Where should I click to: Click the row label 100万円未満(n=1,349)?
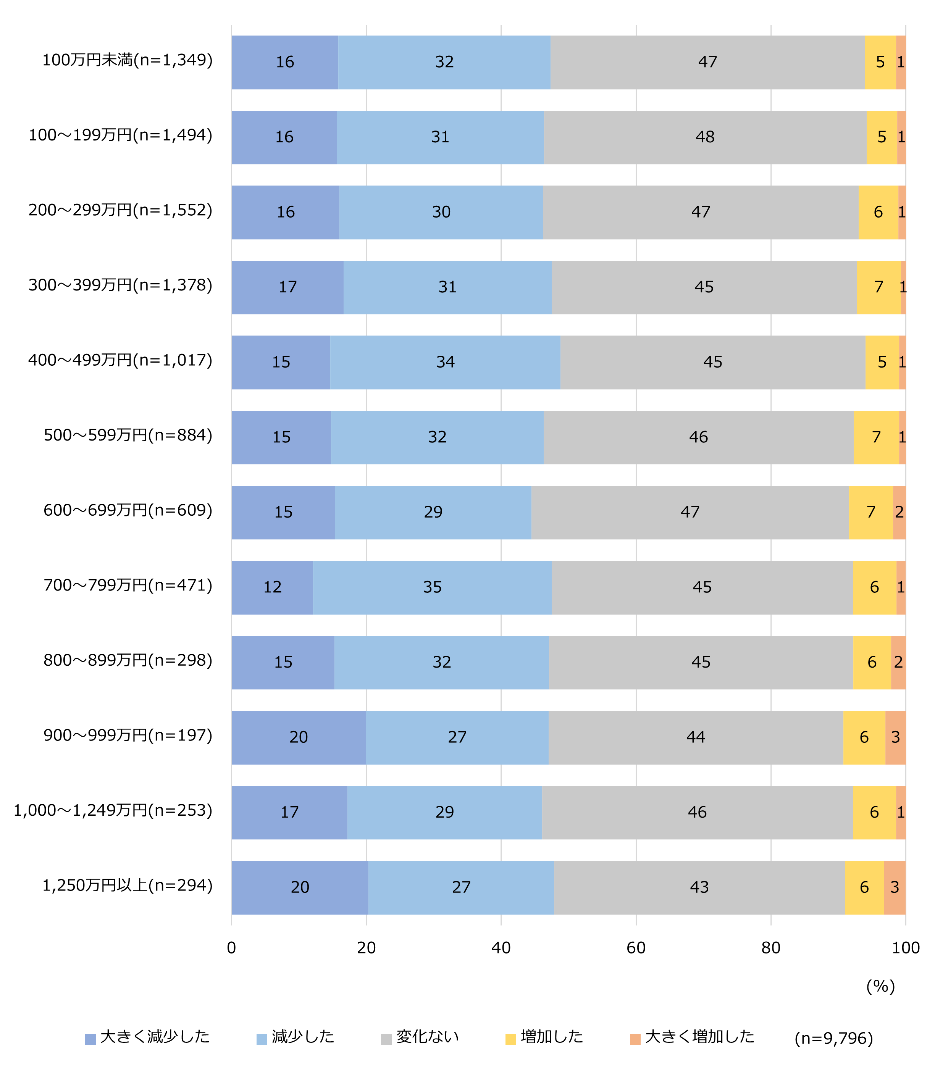(x=127, y=60)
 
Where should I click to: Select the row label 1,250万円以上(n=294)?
(x=127, y=886)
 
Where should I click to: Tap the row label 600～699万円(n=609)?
(x=128, y=510)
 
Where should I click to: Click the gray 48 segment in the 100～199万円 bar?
(x=705, y=137)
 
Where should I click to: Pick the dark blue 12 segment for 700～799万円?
(x=272, y=587)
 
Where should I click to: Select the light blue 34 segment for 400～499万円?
(x=445, y=362)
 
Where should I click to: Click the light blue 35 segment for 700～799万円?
(x=432, y=587)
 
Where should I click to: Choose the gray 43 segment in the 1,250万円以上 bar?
(x=699, y=887)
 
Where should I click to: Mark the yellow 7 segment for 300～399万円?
(x=878, y=287)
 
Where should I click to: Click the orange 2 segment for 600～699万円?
(x=899, y=512)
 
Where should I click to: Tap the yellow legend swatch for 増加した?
(x=510, y=1039)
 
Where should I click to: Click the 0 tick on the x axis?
(x=231, y=948)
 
